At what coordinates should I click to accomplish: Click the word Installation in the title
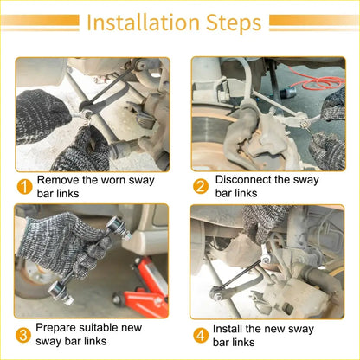(143, 22)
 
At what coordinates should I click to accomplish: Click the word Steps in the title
(234, 22)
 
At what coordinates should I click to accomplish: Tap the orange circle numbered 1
(25, 187)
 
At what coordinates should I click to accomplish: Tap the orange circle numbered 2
(201, 186)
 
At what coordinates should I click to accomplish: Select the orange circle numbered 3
(23, 335)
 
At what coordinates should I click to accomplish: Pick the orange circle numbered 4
(201, 336)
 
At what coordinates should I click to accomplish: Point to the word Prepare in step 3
(55, 328)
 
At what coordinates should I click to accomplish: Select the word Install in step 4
(228, 329)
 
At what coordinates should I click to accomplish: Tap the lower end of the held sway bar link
(60, 292)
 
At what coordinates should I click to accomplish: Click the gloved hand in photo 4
(261, 222)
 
